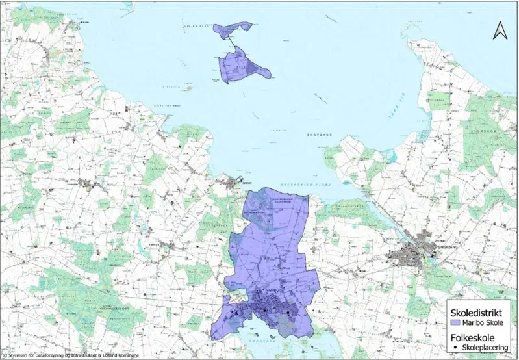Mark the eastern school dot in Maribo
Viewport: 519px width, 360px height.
coord(286,315)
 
